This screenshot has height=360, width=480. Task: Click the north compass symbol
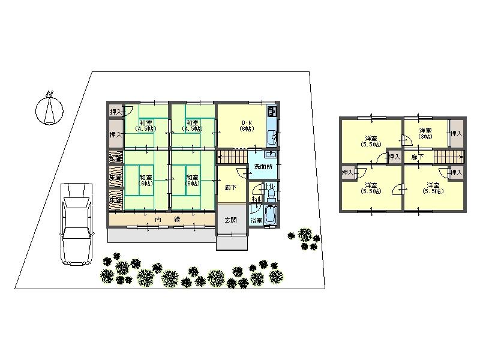(49, 108)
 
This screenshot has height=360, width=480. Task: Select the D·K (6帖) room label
(246, 125)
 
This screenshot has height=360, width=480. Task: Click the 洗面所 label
(262, 166)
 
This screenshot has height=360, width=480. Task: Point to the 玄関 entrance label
(230, 220)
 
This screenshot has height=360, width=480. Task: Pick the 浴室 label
(256, 220)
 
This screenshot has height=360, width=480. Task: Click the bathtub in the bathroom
(269, 215)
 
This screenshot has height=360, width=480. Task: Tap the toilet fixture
(269, 191)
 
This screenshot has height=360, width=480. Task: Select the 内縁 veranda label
(168, 220)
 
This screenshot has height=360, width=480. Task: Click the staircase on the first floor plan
(232, 158)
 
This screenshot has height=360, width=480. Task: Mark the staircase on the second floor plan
(448, 157)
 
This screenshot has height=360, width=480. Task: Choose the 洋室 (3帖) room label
(425, 134)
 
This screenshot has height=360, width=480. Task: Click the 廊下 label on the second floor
(417, 157)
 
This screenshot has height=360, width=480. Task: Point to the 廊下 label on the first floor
(230, 187)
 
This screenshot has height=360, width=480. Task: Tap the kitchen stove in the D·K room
(271, 112)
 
